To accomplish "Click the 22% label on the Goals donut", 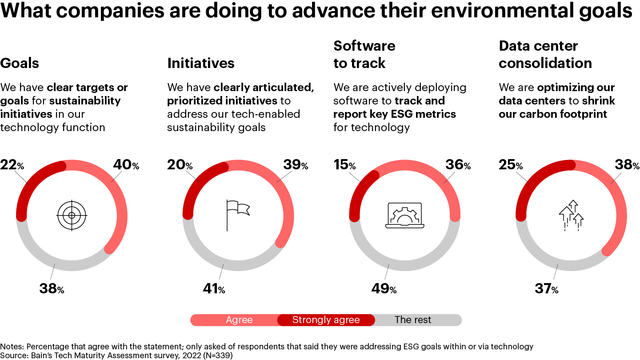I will pyautogui.click(x=12, y=165).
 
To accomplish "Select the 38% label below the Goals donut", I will pyautogui.click(x=52, y=289).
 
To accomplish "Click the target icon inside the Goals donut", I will pyautogui.click(x=72, y=216).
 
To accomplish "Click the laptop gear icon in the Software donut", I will pyautogui.click(x=404, y=216).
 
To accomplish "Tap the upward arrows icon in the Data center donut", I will pyautogui.click(x=571, y=215).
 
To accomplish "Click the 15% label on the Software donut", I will pyautogui.click(x=344, y=165).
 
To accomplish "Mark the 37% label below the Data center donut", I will pyautogui.click(x=546, y=289).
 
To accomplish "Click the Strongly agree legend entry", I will pyautogui.click(x=326, y=320).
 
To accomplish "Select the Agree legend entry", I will pyautogui.click(x=239, y=320).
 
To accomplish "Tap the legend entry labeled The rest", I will pyautogui.click(x=413, y=320).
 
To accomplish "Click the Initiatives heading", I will pyautogui.click(x=200, y=63).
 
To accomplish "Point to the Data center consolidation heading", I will pyautogui.click(x=545, y=55).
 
